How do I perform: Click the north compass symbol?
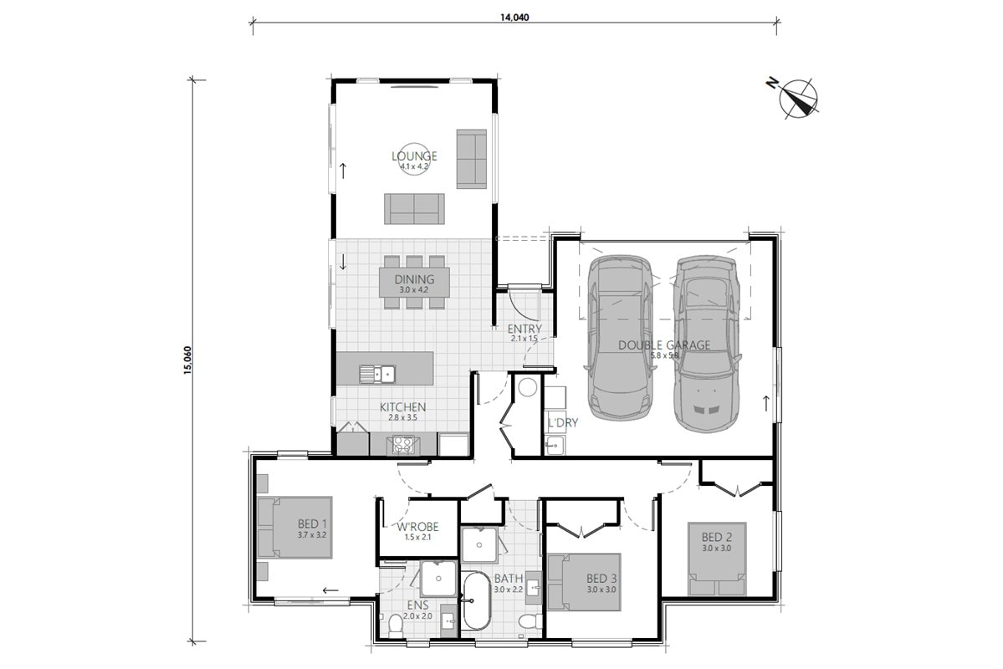800,97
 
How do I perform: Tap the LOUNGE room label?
414,156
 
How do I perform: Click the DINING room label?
414,280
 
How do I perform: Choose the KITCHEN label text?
403,407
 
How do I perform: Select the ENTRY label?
525,329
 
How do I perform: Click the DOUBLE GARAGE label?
664,345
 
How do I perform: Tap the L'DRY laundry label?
563,423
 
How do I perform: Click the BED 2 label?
717,537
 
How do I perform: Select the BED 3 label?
601,579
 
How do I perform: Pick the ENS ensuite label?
417,605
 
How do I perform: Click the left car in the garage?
620,340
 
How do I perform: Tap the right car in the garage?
707,343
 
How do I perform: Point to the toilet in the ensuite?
396,623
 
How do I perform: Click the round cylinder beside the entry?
528,387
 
